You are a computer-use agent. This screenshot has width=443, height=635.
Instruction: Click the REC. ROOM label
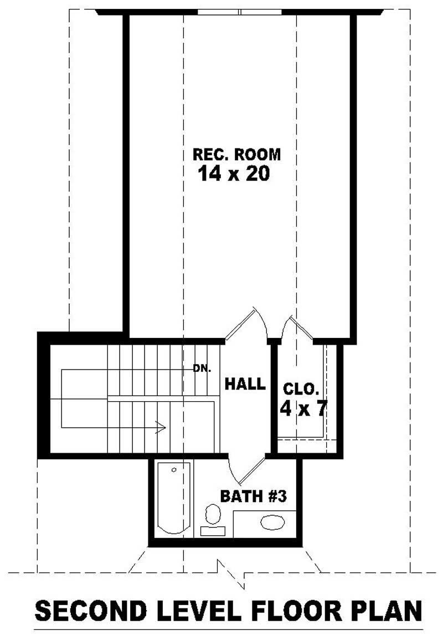click(x=236, y=155)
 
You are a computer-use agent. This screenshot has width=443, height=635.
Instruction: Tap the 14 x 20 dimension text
click(x=233, y=174)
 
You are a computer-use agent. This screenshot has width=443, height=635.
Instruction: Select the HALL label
click(x=245, y=384)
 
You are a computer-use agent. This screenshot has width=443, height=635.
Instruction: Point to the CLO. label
click(x=301, y=388)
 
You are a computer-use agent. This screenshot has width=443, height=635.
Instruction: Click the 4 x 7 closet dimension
click(x=303, y=409)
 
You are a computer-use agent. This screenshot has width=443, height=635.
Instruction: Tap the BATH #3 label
click(x=253, y=496)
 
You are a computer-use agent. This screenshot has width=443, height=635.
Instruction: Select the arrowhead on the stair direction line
click(x=161, y=427)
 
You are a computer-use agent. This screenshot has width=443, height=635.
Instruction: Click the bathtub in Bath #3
click(x=173, y=499)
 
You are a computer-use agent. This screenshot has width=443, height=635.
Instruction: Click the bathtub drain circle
click(x=174, y=470)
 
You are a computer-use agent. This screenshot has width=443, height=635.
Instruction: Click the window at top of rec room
click(x=240, y=12)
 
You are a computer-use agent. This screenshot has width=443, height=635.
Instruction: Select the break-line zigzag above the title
click(x=232, y=573)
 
